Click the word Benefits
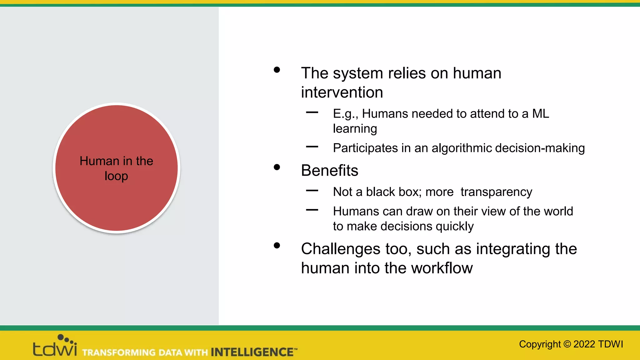(x=329, y=171)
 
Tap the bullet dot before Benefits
(x=277, y=167)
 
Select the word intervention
(x=342, y=92)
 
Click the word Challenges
(x=340, y=249)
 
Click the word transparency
(x=496, y=192)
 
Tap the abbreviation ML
(x=540, y=114)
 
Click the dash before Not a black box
(x=312, y=190)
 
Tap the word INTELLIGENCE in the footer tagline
(x=252, y=352)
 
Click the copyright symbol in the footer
(x=567, y=344)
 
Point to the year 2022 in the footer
(x=584, y=344)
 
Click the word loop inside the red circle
(x=116, y=176)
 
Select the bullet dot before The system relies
(x=277, y=70)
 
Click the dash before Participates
(x=312, y=147)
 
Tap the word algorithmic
(x=462, y=148)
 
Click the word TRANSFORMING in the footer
(x=119, y=352)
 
